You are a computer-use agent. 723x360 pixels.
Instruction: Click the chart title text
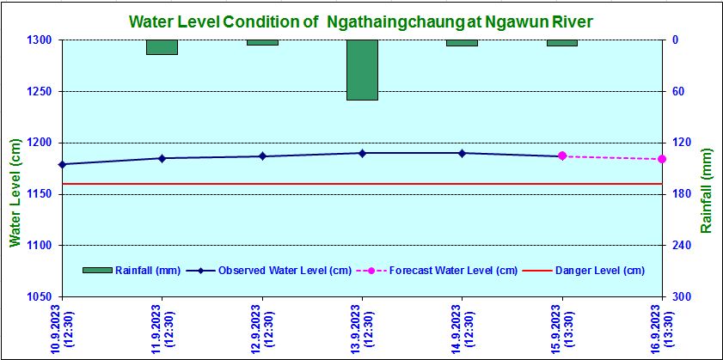(361, 20)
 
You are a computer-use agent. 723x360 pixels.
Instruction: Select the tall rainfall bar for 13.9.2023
(362, 70)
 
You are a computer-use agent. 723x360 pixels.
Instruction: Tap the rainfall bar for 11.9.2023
(162, 47)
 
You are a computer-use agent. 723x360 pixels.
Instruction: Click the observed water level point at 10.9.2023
(62, 164)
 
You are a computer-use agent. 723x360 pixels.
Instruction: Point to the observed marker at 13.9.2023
(362, 153)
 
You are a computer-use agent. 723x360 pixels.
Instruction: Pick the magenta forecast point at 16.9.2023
(662, 159)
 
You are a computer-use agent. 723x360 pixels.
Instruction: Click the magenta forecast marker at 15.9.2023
(562, 156)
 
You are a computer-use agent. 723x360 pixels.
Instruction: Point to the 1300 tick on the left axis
(40, 40)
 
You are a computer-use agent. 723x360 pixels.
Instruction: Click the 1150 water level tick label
(40, 194)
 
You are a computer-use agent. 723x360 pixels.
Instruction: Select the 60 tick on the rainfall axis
(677, 91)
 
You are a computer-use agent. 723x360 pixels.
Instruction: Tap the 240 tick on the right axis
(680, 246)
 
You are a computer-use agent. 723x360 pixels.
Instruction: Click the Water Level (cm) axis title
(15, 194)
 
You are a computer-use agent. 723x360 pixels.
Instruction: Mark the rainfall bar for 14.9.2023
(462, 43)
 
